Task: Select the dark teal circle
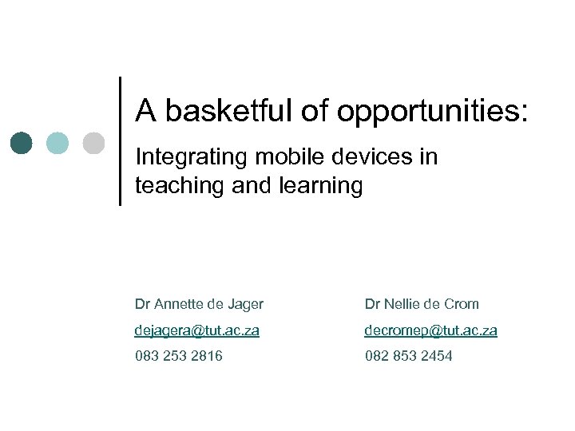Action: (23, 143)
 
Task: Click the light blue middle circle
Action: (57, 143)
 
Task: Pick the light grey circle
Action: (93, 143)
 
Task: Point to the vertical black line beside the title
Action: (120, 141)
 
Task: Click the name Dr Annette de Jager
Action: (199, 303)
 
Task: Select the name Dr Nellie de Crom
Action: (422, 303)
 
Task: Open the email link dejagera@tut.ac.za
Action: (197, 330)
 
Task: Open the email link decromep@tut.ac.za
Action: (430, 330)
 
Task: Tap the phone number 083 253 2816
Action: (179, 356)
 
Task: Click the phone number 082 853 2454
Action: (408, 356)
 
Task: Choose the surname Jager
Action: (246, 304)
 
